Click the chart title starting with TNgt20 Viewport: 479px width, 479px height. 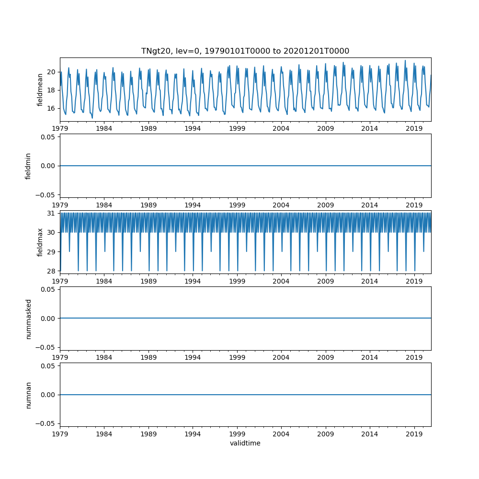pyautogui.click(x=245, y=51)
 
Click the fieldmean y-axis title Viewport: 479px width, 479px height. pyautogui.click(x=40, y=89)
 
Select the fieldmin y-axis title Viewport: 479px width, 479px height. pyautogui.click(x=28, y=166)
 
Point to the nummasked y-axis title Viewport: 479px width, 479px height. pyautogui.click(x=28, y=319)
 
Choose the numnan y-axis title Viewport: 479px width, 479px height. pyautogui.click(x=28, y=395)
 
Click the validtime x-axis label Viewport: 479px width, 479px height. pyautogui.click(x=245, y=444)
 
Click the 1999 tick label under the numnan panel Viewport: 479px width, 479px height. pyautogui.click(x=237, y=433)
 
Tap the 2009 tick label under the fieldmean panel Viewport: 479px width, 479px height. pyautogui.click(x=325, y=128)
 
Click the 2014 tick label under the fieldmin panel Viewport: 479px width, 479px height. pyautogui.click(x=369, y=205)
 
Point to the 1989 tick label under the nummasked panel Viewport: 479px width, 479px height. pyautogui.click(x=148, y=357)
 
